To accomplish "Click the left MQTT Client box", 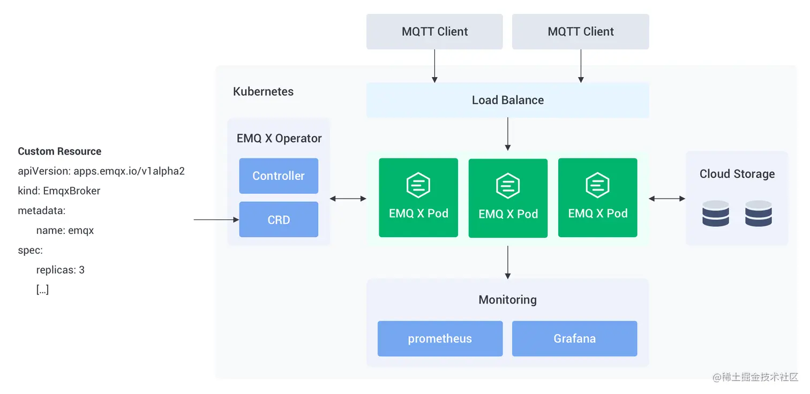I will tap(434, 32).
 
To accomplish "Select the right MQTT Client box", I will tap(580, 32).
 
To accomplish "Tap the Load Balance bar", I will tap(507, 100).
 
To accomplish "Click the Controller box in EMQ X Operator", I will tap(279, 176).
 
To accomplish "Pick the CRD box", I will tap(279, 219).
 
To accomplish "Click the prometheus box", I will tap(440, 338).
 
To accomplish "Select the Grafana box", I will tap(574, 338).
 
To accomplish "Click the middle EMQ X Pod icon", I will tap(508, 186).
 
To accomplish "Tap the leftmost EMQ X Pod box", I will tap(418, 198).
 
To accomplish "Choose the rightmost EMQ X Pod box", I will tap(597, 198).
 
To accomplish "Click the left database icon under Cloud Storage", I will tap(716, 213).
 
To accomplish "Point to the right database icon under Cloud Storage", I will tap(759, 213).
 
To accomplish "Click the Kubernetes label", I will tap(263, 92).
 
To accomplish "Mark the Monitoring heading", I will tap(507, 300).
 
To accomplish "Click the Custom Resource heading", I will tap(59, 151).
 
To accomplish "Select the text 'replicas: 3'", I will tap(60, 270).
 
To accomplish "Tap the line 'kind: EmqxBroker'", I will tap(59, 191).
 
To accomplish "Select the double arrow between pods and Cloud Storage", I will tap(667, 199).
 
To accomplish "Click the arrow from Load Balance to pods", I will tap(507, 134).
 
